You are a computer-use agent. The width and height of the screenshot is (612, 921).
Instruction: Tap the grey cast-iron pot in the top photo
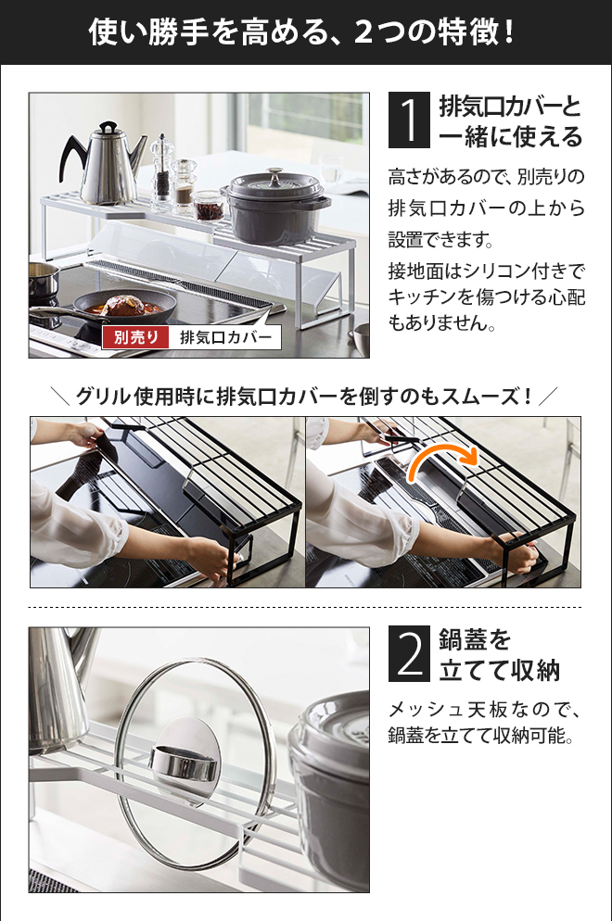[275, 206]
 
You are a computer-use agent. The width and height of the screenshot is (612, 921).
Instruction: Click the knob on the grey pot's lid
[274, 172]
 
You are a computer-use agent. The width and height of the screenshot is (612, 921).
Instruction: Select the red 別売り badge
[135, 337]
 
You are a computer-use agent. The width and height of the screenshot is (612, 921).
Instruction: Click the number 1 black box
[409, 120]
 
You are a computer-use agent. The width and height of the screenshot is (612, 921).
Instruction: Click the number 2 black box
[409, 654]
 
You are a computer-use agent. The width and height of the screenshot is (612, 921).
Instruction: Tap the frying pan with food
[123, 307]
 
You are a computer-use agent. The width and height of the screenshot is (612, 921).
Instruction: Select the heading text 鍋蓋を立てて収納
[499, 654]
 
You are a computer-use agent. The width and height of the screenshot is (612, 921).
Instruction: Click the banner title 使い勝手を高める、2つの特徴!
[302, 32]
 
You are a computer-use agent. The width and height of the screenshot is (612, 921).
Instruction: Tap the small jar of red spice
[208, 207]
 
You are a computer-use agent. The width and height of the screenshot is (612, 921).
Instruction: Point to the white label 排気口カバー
[225, 337]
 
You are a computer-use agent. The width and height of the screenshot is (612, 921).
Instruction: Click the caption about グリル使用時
[304, 397]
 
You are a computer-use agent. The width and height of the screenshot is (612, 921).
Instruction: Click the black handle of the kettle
[73, 156]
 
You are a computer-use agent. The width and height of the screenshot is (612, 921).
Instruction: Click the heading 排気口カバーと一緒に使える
[510, 121]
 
